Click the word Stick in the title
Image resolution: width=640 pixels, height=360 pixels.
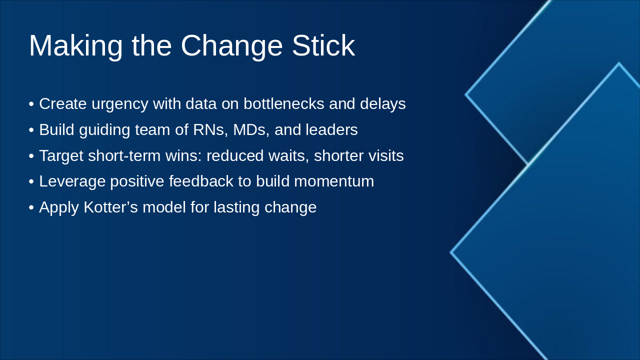tap(323, 45)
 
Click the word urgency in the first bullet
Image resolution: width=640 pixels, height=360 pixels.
tap(119, 104)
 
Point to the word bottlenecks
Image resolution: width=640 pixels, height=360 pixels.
tap(283, 103)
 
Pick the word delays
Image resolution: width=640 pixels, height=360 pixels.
tap(383, 104)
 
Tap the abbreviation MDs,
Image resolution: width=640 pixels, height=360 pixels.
tap(251, 130)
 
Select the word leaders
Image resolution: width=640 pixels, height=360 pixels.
tap(331, 129)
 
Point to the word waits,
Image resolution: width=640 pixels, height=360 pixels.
tap(288, 156)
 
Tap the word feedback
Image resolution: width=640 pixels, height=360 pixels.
tap(201, 181)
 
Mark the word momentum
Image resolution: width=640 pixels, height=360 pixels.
tap(334, 181)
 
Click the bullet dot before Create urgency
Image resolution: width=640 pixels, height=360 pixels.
tap(31, 104)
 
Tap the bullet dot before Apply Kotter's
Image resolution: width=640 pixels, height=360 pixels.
tap(31, 207)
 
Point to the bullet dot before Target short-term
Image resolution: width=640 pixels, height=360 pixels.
tap(31, 156)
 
